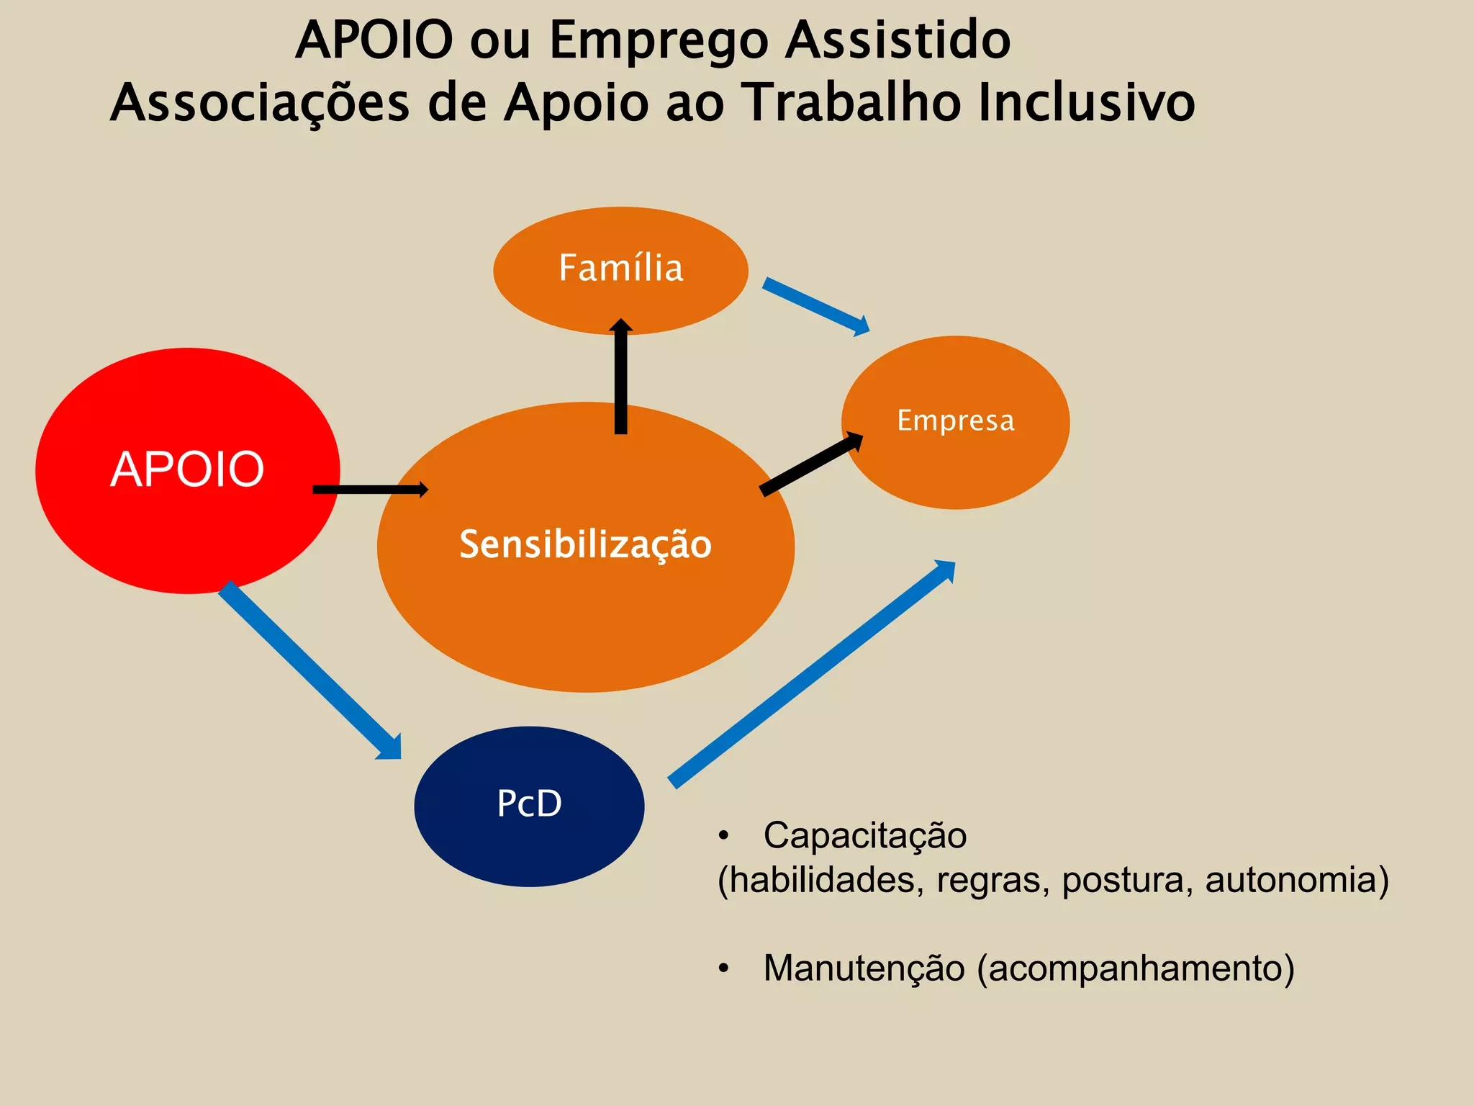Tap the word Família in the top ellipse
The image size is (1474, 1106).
620,268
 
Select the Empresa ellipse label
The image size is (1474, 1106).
955,421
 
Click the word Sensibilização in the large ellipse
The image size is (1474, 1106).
585,544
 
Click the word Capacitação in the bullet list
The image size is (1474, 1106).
864,836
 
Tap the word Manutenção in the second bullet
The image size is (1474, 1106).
863,968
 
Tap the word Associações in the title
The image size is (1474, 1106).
260,103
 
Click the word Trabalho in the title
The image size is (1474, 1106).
849,103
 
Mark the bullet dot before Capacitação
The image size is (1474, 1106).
723,836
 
